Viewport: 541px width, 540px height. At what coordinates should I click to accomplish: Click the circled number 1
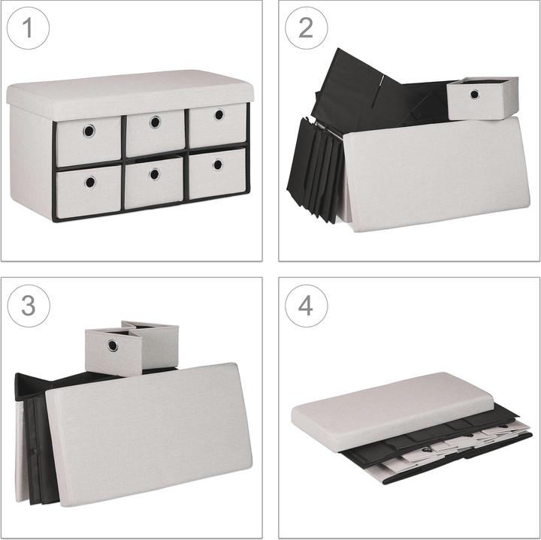(28, 28)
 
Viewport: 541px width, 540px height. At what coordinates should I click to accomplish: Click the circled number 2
(306, 28)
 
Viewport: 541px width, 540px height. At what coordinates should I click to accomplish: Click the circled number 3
(29, 306)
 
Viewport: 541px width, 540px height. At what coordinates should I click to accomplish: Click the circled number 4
(306, 306)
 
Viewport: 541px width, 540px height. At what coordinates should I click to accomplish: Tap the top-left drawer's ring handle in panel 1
(89, 131)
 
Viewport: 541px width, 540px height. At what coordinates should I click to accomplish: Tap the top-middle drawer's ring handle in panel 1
(156, 122)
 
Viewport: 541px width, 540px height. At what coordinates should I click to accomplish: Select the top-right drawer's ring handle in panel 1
(219, 114)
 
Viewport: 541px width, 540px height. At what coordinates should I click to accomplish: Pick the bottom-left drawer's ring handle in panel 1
(90, 182)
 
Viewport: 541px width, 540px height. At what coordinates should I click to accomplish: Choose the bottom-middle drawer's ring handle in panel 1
(155, 173)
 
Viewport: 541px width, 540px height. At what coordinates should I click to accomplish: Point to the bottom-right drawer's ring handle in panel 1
(218, 164)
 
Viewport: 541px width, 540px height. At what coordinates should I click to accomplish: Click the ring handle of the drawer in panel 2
(474, 94)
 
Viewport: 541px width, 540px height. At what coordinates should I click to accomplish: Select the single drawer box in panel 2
(482, 98)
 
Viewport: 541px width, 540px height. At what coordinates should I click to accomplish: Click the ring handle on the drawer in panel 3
(113, 345)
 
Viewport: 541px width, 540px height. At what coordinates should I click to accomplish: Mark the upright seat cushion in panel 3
(149, 435)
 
